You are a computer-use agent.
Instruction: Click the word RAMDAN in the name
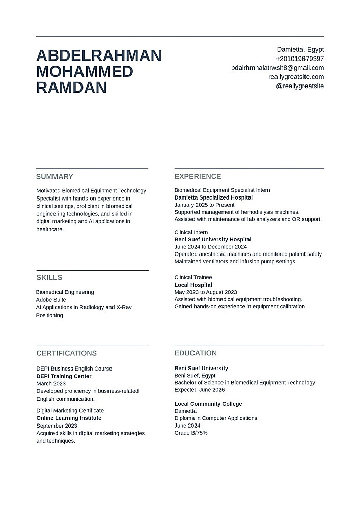tap(71, 88)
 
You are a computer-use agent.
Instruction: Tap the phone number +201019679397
tap(299, 59)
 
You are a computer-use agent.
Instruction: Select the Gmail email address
tap(277, 68)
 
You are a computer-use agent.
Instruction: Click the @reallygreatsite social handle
tap(299, 86)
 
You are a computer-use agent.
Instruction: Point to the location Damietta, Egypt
tap(300, 49)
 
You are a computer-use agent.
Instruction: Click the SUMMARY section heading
tap(54, 177)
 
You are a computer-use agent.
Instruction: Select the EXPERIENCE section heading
tap(198, 177)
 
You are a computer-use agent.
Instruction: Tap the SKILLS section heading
tap(49, 278)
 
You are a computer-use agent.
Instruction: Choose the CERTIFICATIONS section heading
tap(66, 353)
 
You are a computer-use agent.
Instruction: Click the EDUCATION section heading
tap(196, 353)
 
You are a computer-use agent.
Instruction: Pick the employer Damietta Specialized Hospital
tap(213, 197)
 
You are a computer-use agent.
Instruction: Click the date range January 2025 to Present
tap(204, 205)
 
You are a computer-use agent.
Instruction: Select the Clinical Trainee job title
tap(193, 277)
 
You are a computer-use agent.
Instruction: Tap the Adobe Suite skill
tap(51, 300)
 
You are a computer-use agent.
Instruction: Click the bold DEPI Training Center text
tap(64, 376)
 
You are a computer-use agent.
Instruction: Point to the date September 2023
tap(57, 426)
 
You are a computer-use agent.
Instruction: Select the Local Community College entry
tap(208, 404)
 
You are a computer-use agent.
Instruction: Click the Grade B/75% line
tap(191, 433)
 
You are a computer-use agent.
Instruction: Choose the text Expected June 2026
tap(200, 390)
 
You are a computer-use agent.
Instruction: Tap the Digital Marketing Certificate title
tap(70, 410)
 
